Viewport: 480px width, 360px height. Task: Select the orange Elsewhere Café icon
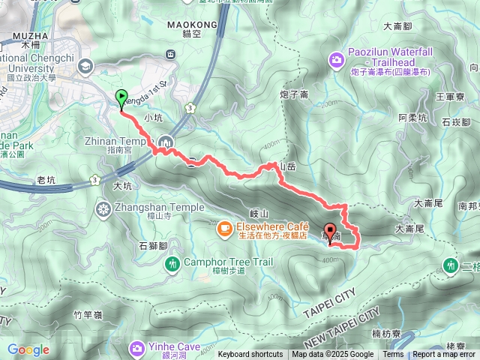(224, 227)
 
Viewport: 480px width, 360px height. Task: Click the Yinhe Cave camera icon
(137, 347)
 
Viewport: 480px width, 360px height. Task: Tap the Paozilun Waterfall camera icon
(337, 58)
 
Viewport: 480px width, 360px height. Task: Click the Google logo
(28, 349)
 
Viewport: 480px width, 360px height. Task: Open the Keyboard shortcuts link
(250, 355)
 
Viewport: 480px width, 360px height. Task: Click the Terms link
(393, 355)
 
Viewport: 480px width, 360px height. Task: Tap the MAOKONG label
(196, 25)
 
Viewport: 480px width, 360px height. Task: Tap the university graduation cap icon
(84, 66)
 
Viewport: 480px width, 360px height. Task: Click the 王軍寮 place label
(451, 96)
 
